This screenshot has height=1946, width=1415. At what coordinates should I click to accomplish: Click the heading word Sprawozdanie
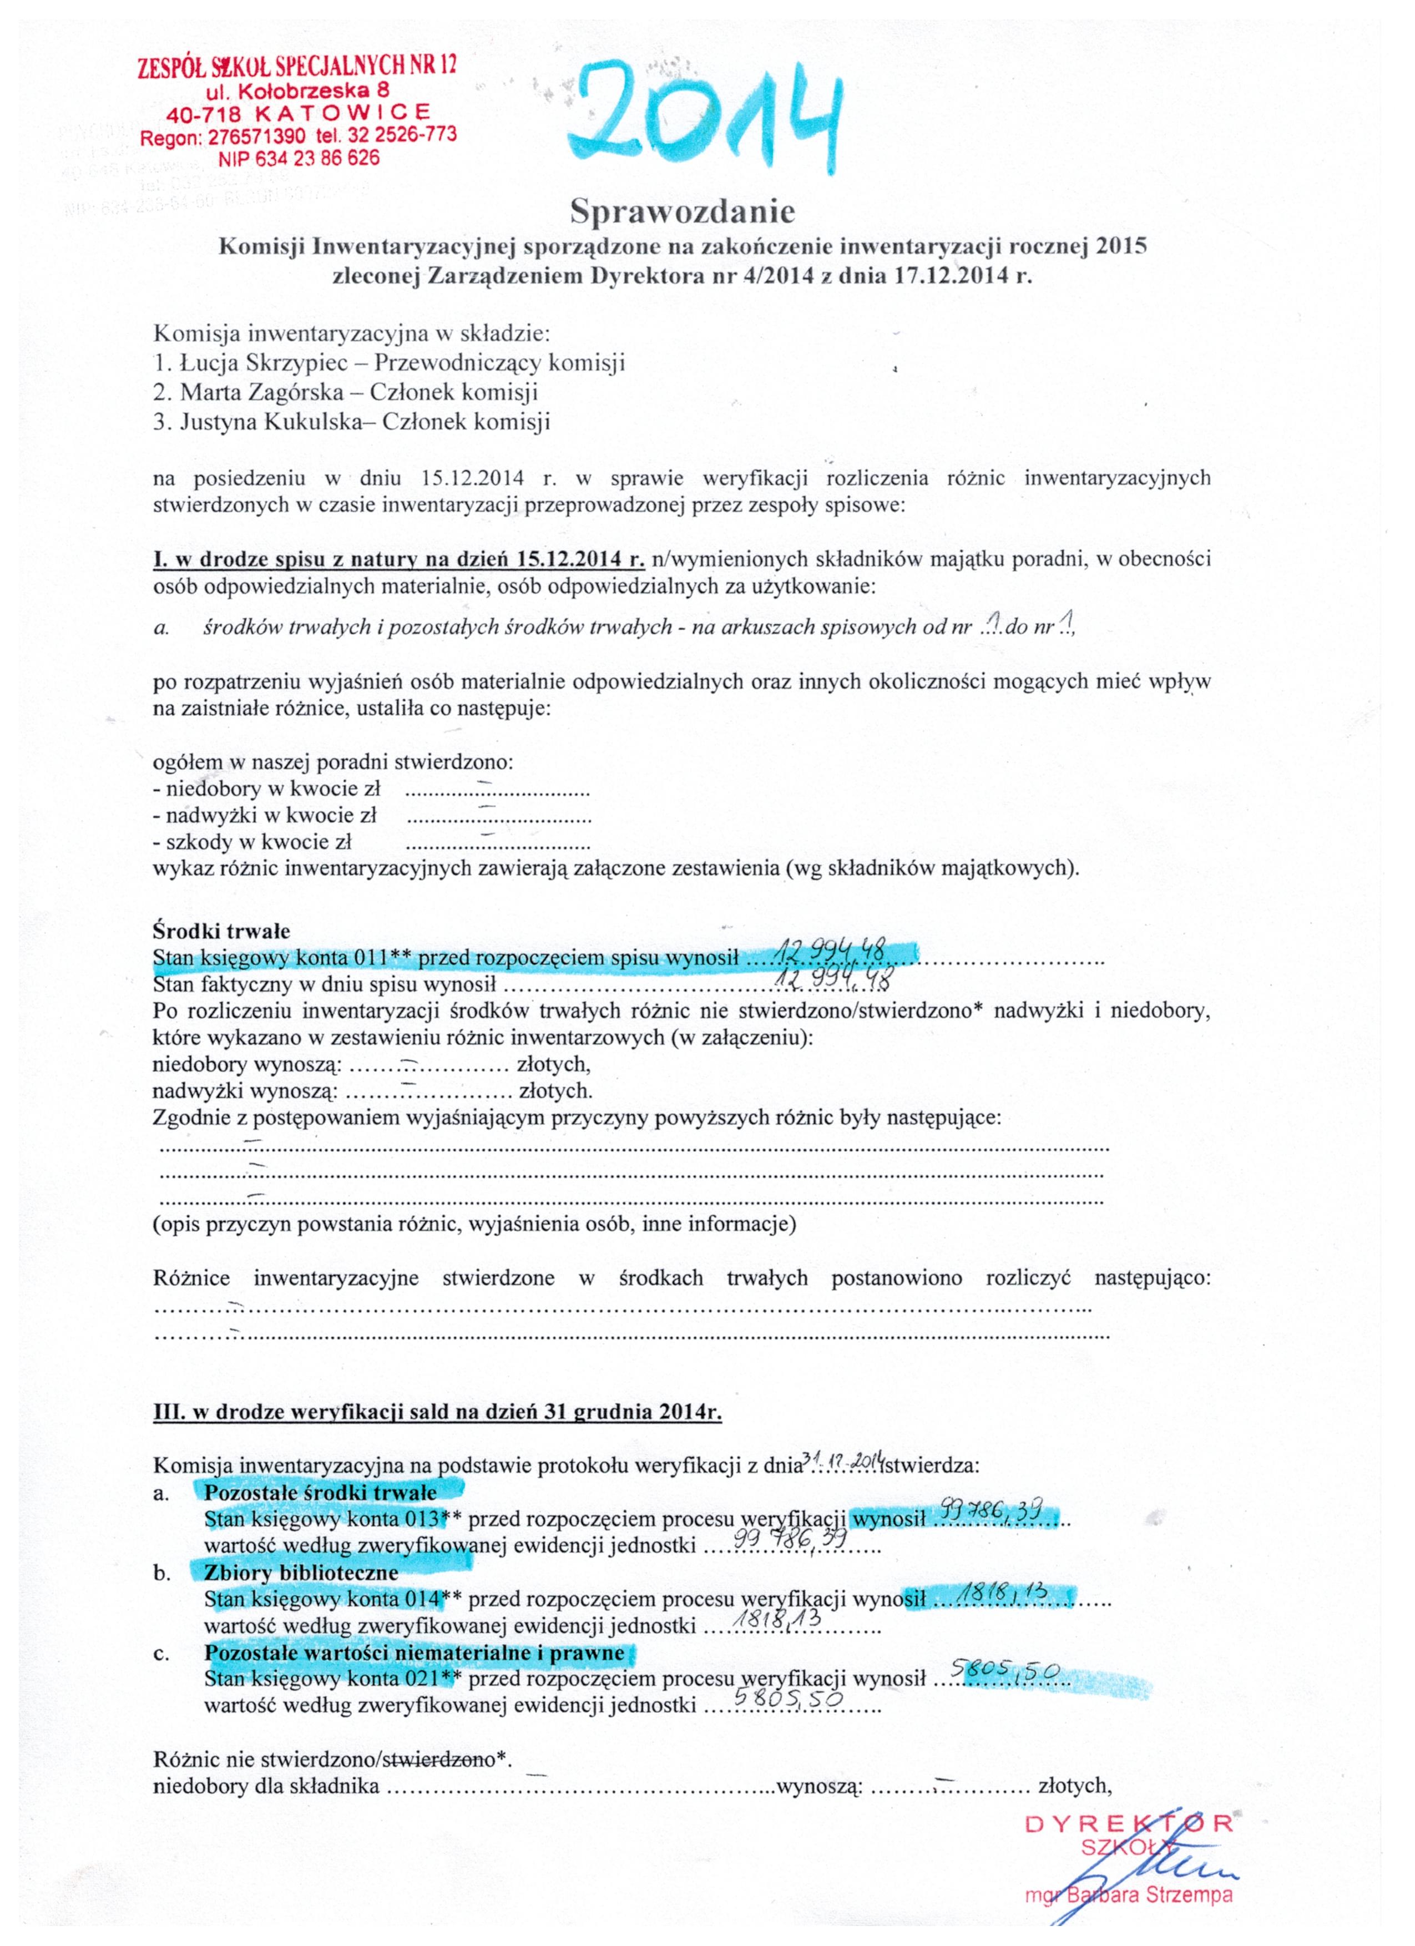683,210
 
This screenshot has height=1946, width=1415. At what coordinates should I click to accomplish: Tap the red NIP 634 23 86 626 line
299,159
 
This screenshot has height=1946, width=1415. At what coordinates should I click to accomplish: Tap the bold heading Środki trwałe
221,931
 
